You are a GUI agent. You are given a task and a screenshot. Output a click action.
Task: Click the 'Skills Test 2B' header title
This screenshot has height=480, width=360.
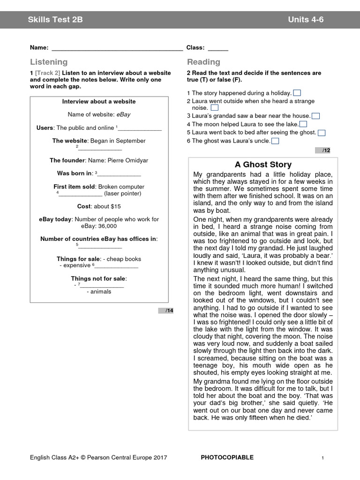coord(55,20)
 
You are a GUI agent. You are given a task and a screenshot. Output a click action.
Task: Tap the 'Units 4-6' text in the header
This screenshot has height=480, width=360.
coord(306,20)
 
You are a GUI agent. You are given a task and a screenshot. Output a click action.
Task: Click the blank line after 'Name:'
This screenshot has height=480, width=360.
coord(117,48)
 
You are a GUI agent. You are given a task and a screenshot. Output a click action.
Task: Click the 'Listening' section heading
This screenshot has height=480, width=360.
coord(49,62)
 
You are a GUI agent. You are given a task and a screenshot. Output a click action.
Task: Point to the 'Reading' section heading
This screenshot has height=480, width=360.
coord(203,62)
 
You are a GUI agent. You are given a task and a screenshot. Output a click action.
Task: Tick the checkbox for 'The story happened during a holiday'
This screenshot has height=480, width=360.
coord(297,93)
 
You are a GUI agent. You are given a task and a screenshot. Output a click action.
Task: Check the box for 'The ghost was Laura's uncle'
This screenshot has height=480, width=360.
coord(275,141)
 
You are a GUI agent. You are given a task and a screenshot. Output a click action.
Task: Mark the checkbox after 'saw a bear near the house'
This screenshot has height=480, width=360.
coord(316,116)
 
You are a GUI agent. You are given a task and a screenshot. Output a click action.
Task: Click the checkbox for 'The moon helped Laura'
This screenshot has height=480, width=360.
coord(303,124)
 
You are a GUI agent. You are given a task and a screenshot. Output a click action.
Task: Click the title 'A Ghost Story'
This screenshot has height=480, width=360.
coord(263,165)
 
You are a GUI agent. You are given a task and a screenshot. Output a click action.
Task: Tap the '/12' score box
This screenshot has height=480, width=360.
coord(326,150)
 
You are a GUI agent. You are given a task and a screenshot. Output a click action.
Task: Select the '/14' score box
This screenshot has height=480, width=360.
coord(169,310)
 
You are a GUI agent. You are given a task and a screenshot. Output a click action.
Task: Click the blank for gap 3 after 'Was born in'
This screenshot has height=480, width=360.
coord(119,174)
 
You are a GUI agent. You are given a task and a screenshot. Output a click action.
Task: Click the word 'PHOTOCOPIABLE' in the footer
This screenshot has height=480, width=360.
coord(227,457)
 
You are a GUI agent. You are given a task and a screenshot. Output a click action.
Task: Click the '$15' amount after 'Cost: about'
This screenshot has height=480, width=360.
coord(115,206)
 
